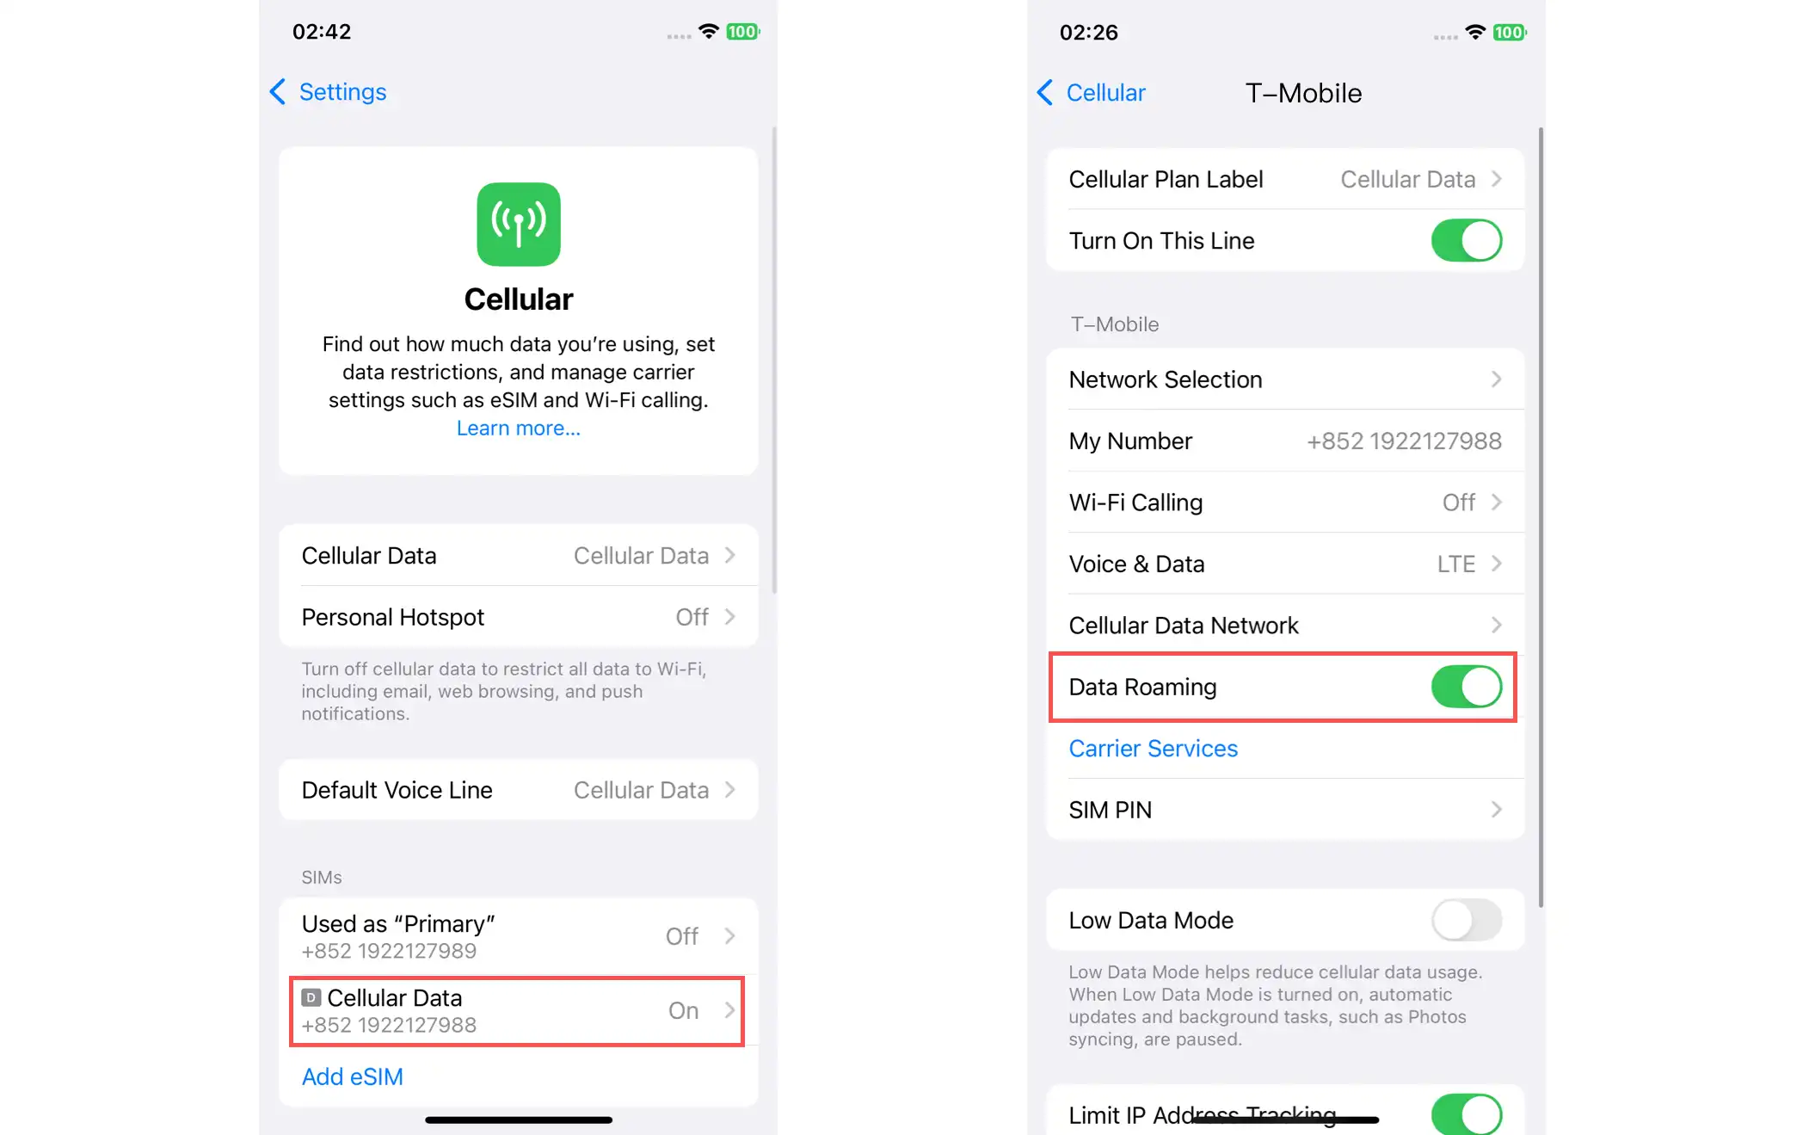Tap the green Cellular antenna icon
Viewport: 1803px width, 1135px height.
point(519,224)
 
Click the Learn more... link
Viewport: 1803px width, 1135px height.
point(519,428)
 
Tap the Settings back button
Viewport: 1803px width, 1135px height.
point(328,92)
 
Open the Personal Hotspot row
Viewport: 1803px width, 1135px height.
point(519,617)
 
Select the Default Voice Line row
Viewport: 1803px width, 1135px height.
point(519,790)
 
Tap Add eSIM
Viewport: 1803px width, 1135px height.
point(353,1076)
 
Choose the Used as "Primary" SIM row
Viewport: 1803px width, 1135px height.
point(519,936)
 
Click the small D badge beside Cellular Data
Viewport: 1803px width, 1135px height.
point(311,997)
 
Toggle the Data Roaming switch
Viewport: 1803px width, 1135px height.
point(1467,687)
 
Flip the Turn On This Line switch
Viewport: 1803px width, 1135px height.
point(1467,240)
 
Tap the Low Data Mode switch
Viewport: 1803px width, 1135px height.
point(1467,920)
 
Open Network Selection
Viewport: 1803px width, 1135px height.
point(1285,379)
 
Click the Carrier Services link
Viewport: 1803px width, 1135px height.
point(1154,749)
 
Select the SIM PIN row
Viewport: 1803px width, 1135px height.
point(1285,810)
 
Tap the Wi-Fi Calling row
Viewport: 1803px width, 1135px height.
point(1285,503)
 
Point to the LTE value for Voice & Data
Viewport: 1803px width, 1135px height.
point(1456,564)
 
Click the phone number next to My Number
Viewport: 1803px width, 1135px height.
point(1404,441)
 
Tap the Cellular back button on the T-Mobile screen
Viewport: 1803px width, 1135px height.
point(1092,93)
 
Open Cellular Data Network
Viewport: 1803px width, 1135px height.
point(1285,626)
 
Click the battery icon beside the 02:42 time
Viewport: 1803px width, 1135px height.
point(742,32)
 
